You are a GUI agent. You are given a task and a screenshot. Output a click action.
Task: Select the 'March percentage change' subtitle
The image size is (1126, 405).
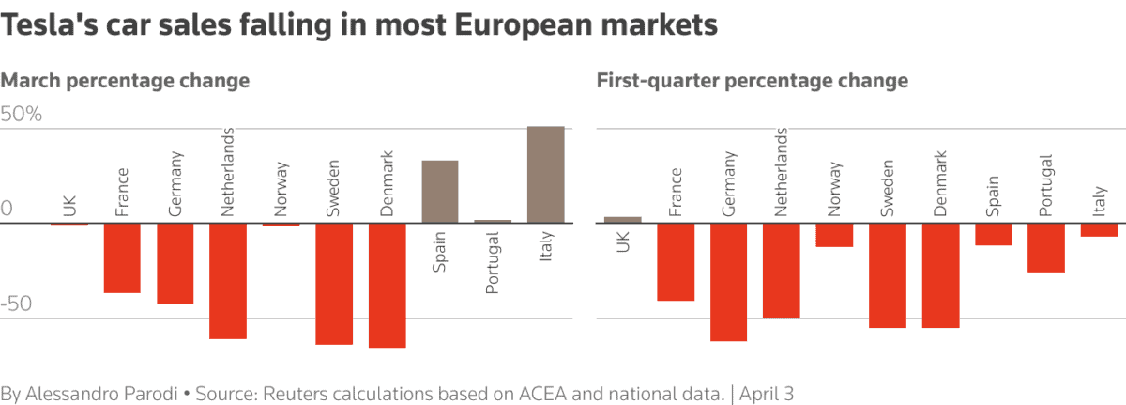(126, 81)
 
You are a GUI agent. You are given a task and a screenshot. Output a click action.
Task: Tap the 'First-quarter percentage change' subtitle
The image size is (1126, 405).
(753, 81)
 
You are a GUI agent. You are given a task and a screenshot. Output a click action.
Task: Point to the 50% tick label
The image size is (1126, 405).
(23, 116)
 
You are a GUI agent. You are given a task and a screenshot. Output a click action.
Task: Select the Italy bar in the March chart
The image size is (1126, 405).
(545, 175)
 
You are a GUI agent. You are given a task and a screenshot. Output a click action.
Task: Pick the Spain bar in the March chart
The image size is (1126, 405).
(440, 192)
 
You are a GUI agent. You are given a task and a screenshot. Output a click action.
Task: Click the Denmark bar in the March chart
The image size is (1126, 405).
(387, 285)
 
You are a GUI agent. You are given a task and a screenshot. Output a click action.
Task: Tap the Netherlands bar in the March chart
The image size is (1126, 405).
(227, 280)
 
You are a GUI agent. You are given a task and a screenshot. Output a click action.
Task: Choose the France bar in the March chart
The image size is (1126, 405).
(122, 257)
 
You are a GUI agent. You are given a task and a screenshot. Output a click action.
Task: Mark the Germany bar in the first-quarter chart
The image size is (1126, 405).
(729, 282)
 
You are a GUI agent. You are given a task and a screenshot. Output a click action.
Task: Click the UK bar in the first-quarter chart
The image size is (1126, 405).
(623, 220)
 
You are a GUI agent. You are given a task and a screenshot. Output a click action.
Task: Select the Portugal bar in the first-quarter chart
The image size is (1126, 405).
(1045, 247)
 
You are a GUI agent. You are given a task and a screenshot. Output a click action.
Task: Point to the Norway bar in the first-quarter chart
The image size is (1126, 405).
(834, 235)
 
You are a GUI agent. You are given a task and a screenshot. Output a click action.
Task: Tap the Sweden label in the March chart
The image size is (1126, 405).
(333, 194)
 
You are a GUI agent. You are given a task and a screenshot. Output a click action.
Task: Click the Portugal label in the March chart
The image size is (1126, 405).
(493, 268)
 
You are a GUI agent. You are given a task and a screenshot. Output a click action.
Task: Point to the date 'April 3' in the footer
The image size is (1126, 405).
(767, 392)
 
